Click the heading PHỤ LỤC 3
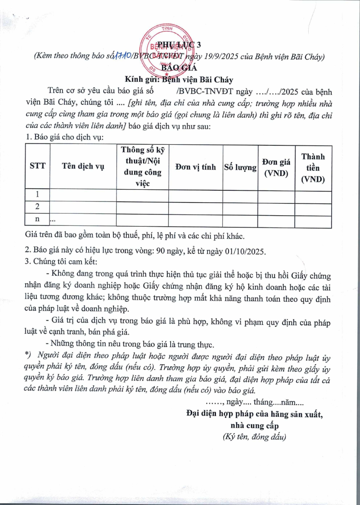click(x=180, y=45)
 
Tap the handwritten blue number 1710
click(x=122, y=56)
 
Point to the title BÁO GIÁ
click(x=180, y=68)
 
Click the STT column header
click(x=37, y=166)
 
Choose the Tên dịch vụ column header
click(x=83, y=166)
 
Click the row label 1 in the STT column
click(x=37, y=195)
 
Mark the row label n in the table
click(x=37, y=219)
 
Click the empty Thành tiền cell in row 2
click(x=313, y=207)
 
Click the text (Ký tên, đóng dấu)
click(x=254, y=436)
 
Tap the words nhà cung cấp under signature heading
click(x=254, y=425)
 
